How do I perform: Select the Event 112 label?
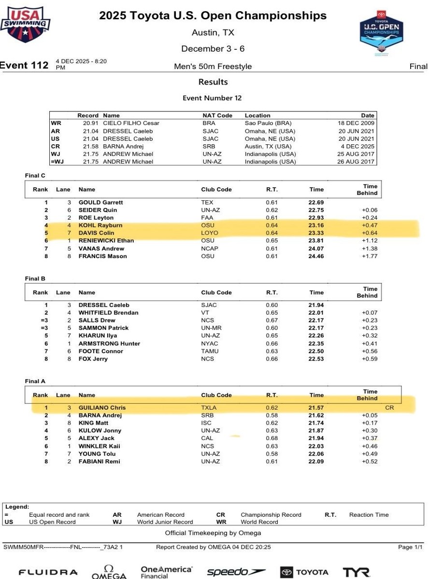pyautogui.click(x=24, y=66)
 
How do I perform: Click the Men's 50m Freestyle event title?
pyautogui.click(x=213, y=67)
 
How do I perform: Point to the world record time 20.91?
pyautogui.click(x=91, y=123)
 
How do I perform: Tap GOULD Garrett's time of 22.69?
pyautogui.click(x=316, y=203)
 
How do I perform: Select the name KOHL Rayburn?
pyautogui.click(x=100, y=225)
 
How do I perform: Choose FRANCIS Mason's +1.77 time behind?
pyautogui.click(x=370, y=256)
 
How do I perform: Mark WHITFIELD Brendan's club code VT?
pyautogui.click(x=205, y=313)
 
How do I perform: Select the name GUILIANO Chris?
pyautogui.click(x=102, y=408)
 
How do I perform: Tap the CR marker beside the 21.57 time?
pyautogui.click(x=390, y=408)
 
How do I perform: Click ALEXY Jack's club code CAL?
pyautogui.click(x=208, y=438)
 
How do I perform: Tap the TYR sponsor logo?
pyautogui.click(x=356, y=572)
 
